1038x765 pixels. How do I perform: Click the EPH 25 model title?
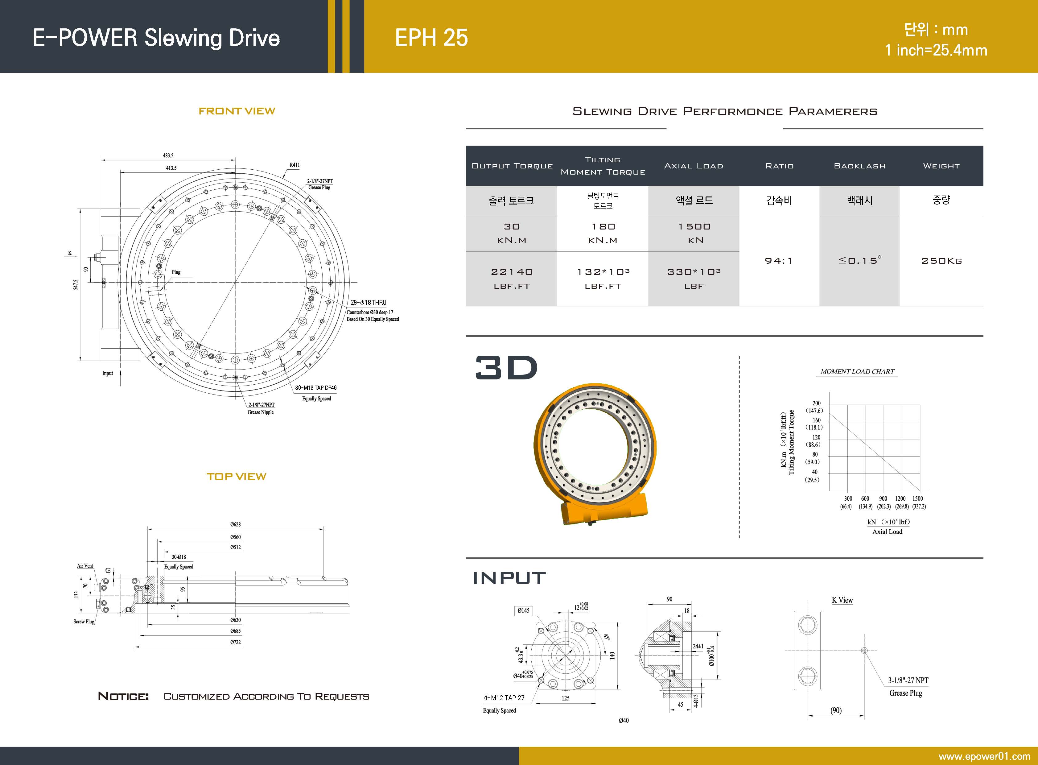(431, 38)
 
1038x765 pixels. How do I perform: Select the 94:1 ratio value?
(779, 261)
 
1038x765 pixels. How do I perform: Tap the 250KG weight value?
(941, 261)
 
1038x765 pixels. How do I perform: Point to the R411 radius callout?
(295, 165)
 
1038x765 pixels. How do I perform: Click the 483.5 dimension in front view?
(168, 155)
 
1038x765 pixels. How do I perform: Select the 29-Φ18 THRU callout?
(369, 302)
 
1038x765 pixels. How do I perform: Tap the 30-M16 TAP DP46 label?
(316, 388)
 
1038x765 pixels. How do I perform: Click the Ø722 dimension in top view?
(236, 642)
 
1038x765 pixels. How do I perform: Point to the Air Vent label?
(85, 566)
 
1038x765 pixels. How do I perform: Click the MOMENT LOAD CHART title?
(857, 371)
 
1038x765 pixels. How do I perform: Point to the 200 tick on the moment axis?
(816, 403)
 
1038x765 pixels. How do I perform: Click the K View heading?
(842, 600)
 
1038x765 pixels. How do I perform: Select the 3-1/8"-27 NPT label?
(908, 680)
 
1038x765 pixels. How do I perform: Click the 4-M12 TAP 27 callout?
(504, 698)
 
